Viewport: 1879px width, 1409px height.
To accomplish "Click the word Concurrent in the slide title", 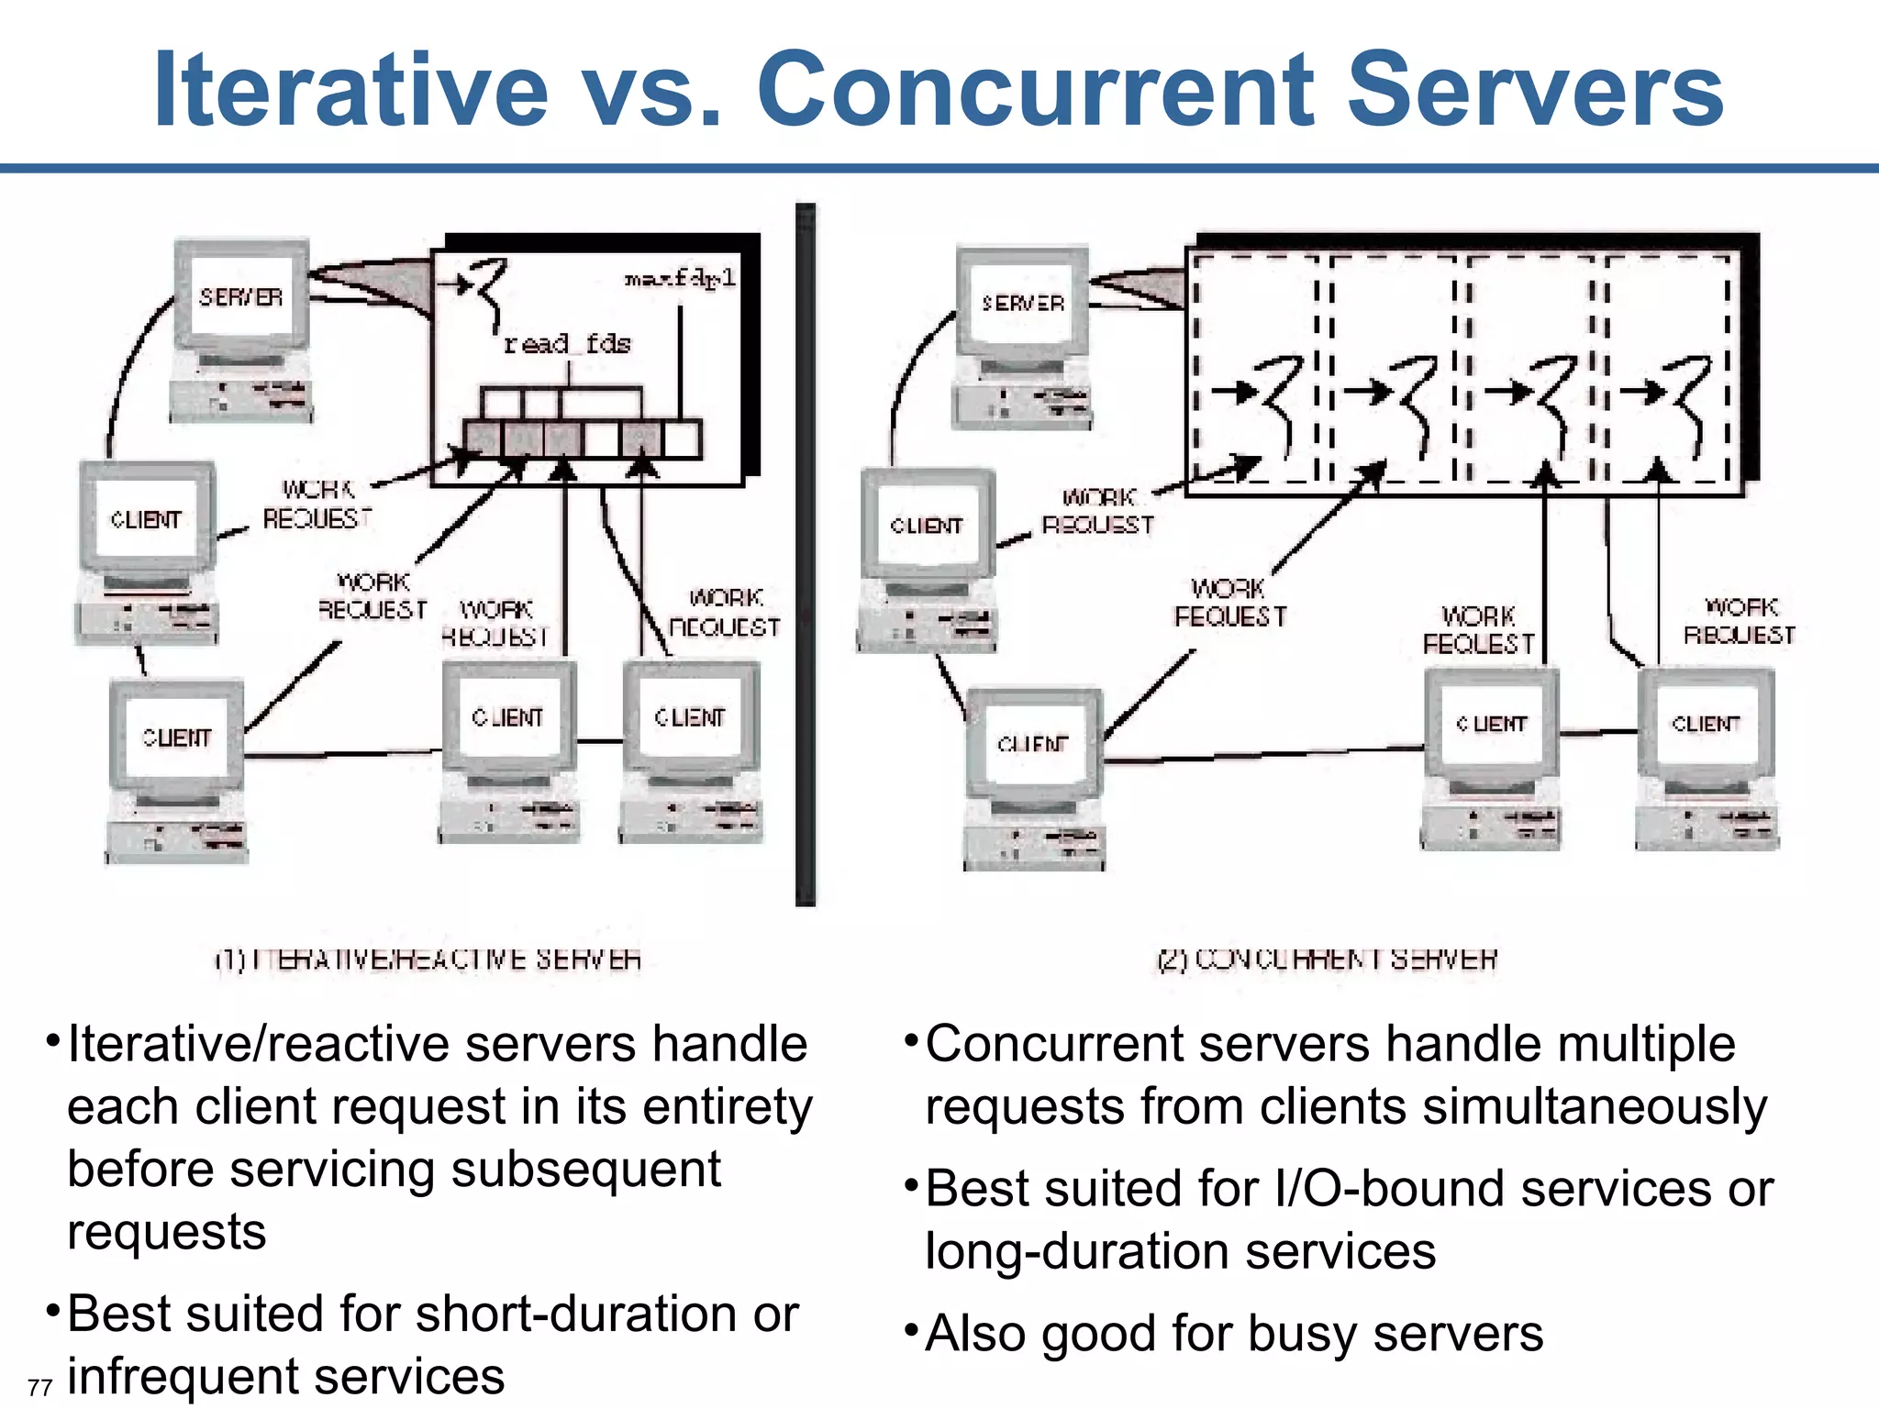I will click(1035, 90).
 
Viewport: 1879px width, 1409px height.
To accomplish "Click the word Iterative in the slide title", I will click(350, 90).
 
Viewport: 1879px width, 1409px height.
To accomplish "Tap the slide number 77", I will click(39, 1387).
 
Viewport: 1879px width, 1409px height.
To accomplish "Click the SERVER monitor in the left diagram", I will click(241, 297).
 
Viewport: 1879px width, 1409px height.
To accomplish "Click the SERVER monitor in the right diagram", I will click(1022, 304).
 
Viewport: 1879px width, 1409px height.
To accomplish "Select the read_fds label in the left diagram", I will click(567, 344).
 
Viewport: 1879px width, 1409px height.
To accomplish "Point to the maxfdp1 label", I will click(680, 278).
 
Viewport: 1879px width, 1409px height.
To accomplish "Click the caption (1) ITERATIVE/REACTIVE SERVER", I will click(428, 960).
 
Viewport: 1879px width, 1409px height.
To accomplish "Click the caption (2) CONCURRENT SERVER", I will click(1327, 960).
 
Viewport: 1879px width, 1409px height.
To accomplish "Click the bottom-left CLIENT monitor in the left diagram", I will click(177, 738).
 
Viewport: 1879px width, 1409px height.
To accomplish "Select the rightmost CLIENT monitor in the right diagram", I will click(1706, 724).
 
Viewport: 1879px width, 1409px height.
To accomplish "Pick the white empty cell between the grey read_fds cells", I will click(601, 438).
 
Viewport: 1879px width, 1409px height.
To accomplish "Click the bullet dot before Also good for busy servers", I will click(911, 1328).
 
